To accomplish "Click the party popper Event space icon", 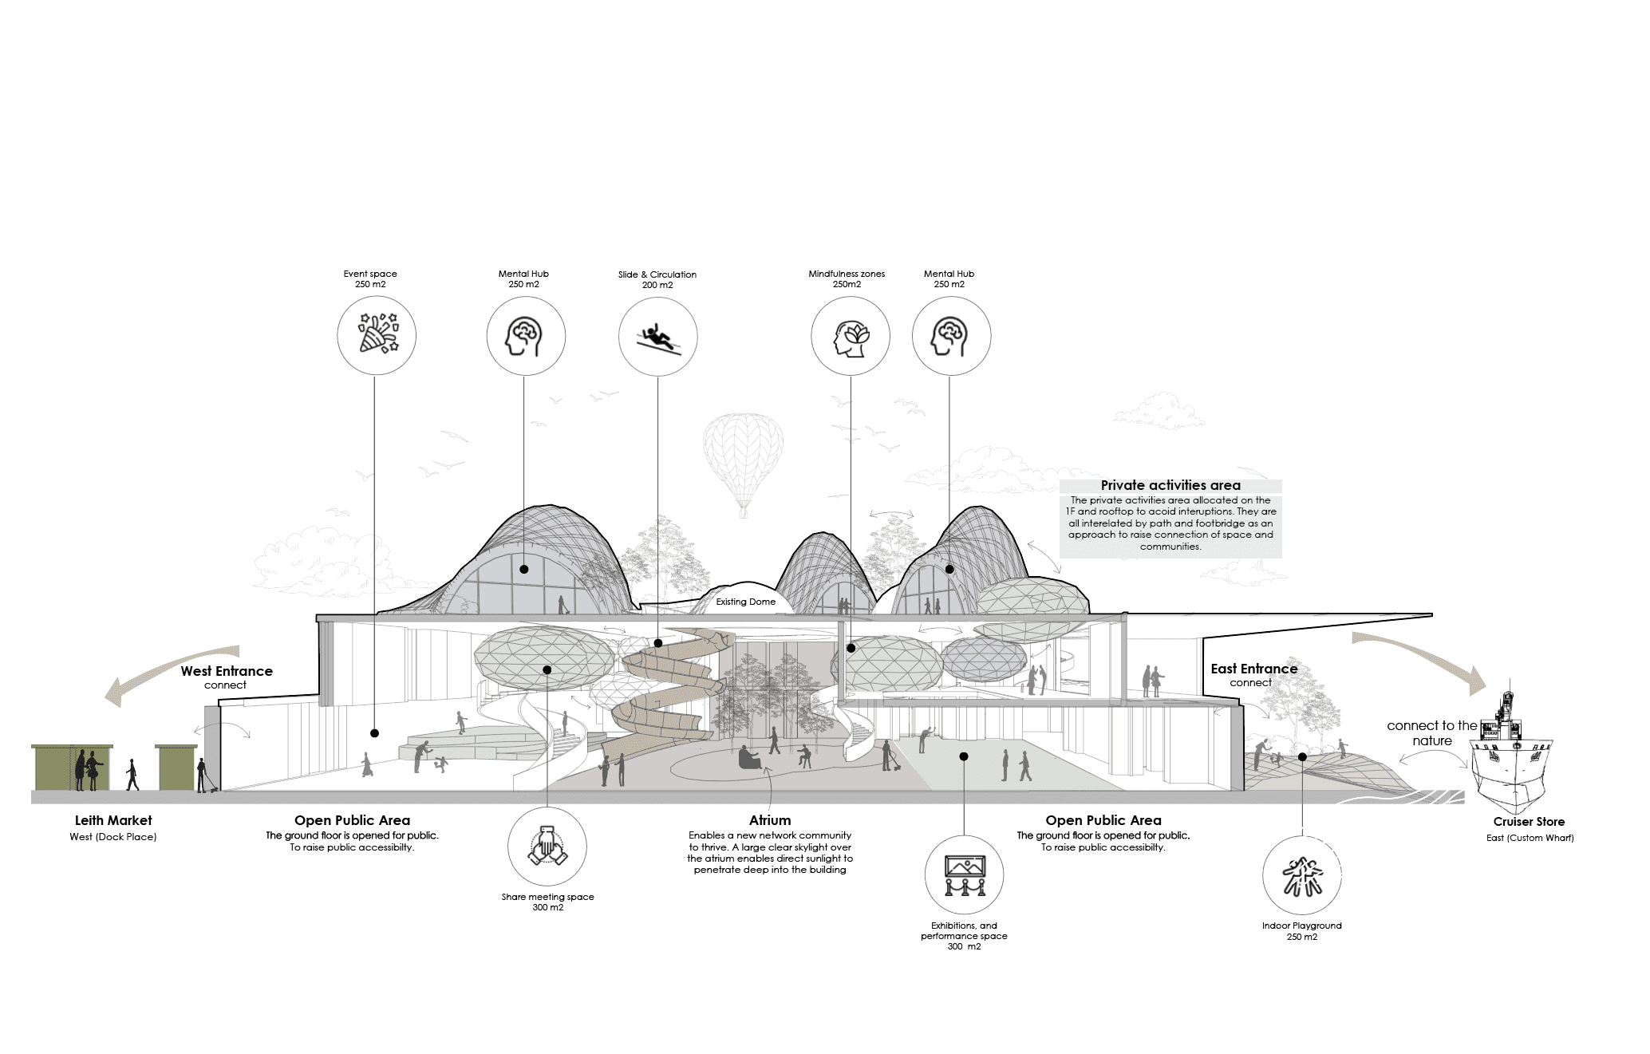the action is coord(377,334).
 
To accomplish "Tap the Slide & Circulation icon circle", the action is coord(658,298).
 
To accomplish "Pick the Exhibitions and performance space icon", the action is coord(965,875).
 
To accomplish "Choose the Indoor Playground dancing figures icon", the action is coord(1302,877).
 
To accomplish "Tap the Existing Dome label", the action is coord(745,602).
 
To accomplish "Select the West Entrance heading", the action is coord(227,671).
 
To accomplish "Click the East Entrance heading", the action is coord(1254,669).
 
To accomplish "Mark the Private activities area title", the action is coord(1170,485).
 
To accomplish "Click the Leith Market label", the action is coord(113,820).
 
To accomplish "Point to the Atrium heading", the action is coord(770,820).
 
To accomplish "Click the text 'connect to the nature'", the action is coord(1432,733).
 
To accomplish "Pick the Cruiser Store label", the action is coord(1529,822).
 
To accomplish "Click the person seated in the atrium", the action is coord(748,758).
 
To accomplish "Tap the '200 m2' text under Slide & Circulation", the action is coord(657,285).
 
